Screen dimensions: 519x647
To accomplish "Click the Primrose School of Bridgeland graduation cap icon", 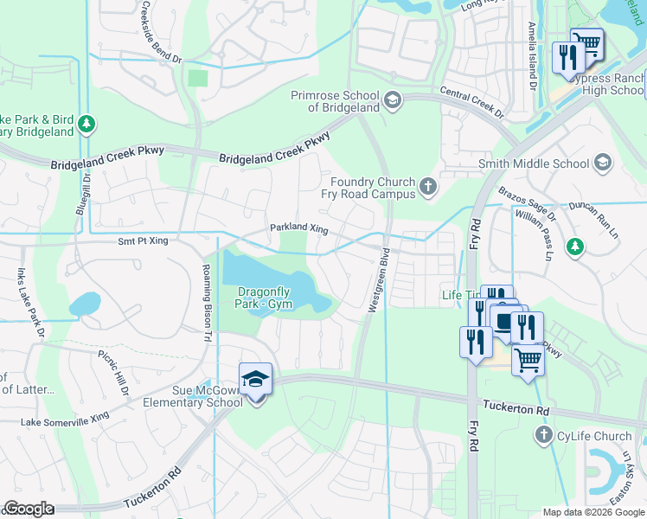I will (394, 101).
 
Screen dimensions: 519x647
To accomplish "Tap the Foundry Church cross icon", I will (427, 186).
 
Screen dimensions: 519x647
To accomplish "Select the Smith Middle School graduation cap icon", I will (603, 163).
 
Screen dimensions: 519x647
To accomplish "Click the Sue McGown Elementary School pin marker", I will (255, 381).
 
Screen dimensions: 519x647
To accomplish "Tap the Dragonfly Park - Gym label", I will (265, 298).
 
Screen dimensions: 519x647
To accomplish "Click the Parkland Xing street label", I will (299, 227).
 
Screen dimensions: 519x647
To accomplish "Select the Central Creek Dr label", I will (471, 100).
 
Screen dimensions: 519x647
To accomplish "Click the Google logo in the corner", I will (29, 509).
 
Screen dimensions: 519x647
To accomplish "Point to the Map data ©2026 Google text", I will (592, 511).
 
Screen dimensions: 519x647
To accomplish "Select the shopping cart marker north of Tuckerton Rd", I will (527, 361).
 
